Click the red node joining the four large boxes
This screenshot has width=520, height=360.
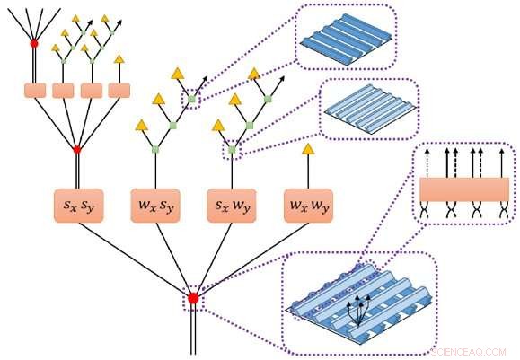coord(192,298)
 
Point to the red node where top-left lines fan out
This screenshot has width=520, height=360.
coord(35,42)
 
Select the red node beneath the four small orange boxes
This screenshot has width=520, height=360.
coord(77,149)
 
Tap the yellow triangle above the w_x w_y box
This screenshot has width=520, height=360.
coord(308,149)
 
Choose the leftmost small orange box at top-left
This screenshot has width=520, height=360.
coord(35,90)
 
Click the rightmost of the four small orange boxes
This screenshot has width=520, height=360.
coord(119,90)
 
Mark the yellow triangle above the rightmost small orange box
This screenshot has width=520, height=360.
coord(119,59)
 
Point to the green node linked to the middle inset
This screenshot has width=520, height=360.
coord(232,150)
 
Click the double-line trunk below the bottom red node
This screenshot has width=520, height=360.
coord(192,332)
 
